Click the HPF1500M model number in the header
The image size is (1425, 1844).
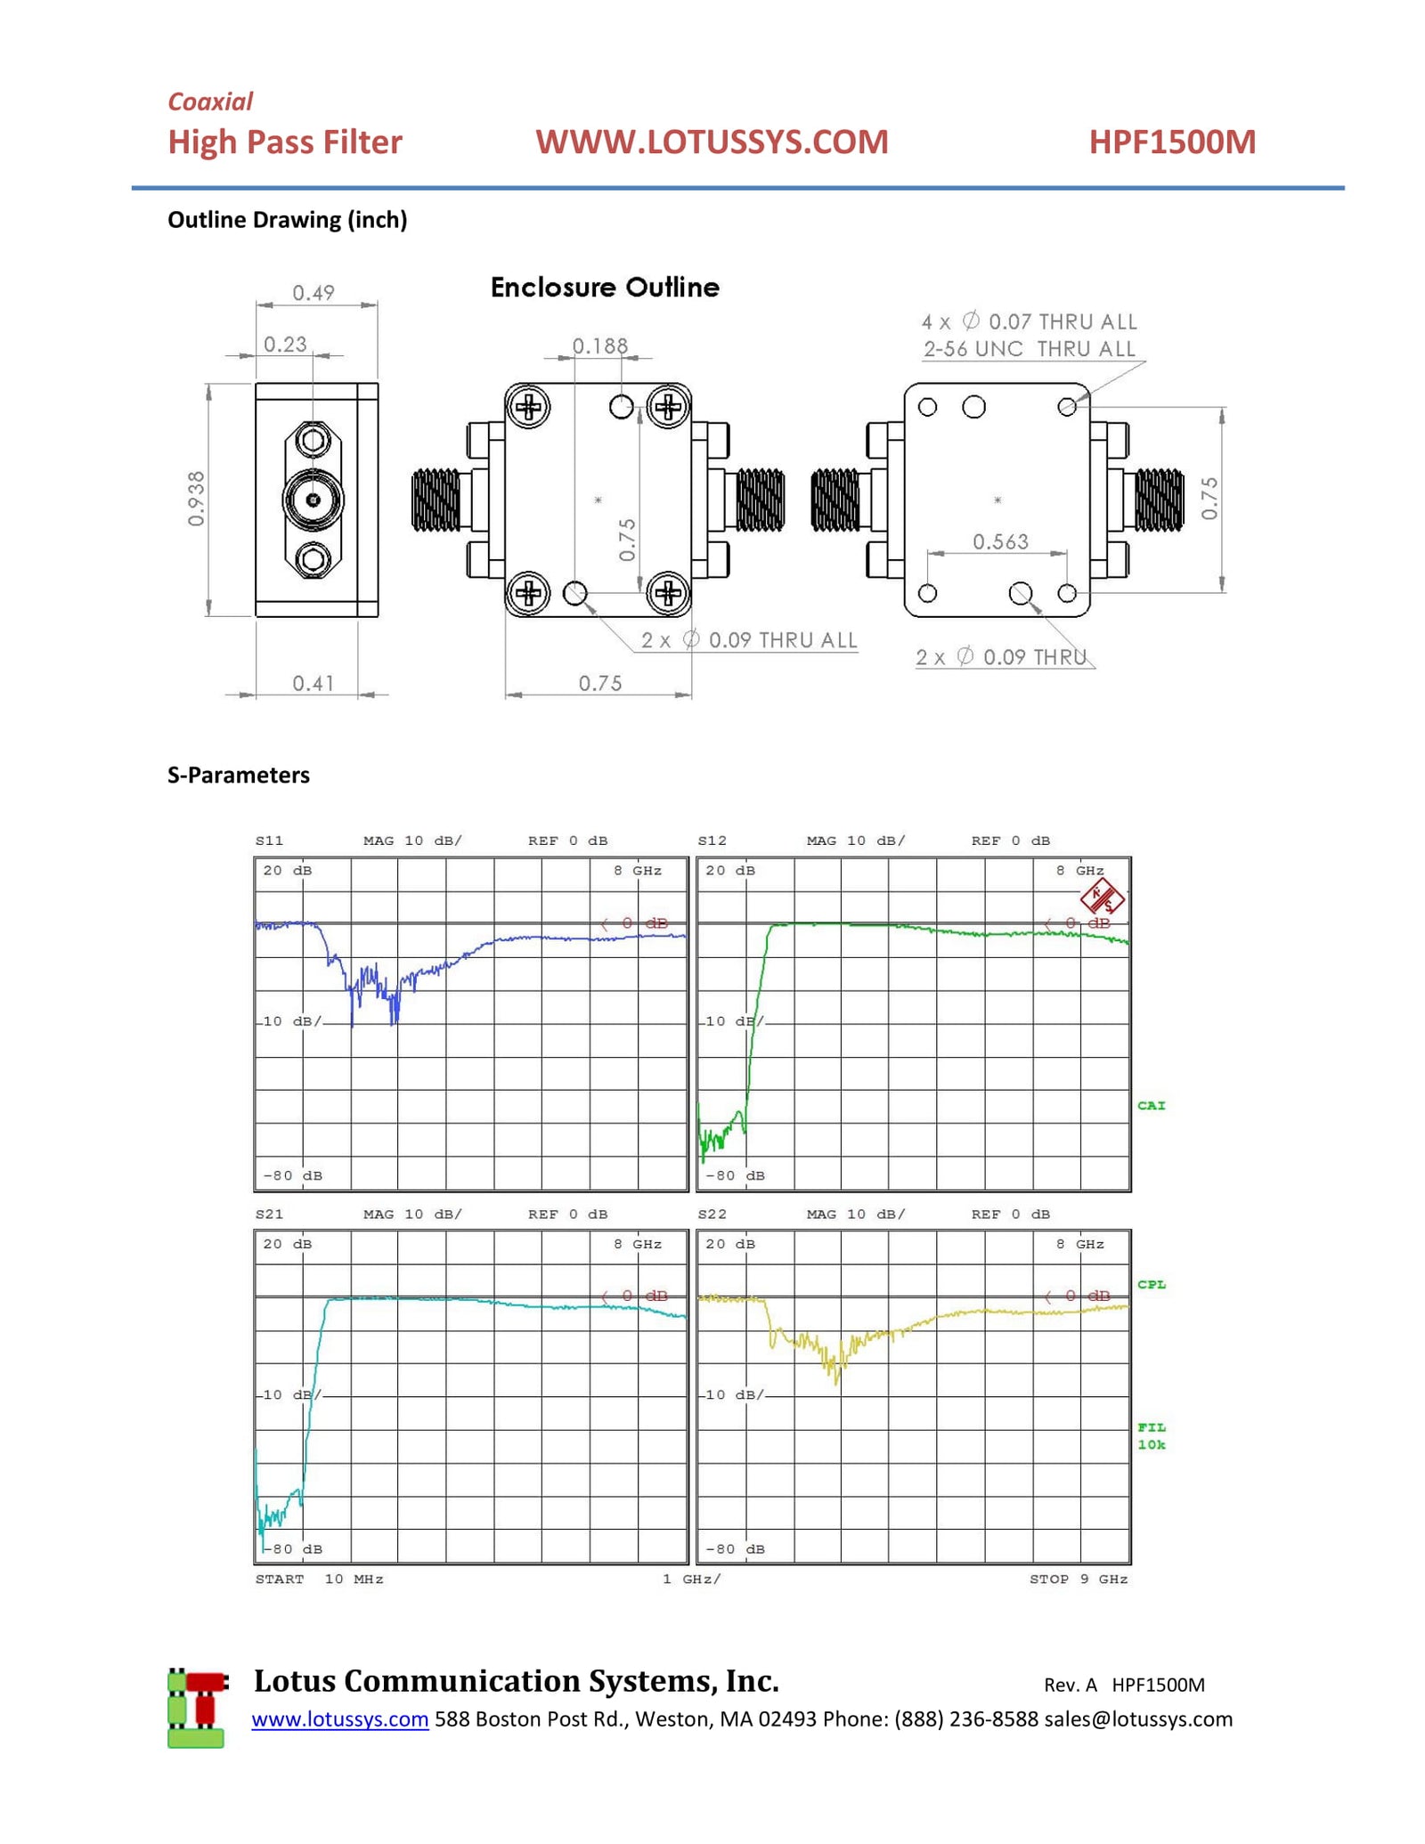click(1171, 142)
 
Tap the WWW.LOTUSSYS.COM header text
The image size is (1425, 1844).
click(711, 142)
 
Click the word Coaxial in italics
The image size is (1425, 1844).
click(210, 102)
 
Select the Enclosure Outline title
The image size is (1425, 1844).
click(605, 288)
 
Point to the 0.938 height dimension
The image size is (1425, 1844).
click(196, 498)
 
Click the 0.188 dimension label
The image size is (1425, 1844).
click(599, 345)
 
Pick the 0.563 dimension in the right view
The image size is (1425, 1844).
click(999, 541)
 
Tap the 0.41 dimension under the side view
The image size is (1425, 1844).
click(313, 683)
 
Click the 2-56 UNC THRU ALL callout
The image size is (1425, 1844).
click(1029, 349)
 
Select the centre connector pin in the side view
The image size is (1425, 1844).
click(313, 500)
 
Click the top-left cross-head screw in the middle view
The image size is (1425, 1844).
click(529, 408)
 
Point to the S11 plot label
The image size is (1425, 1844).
click(269, 841)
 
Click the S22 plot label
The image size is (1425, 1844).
click(712, 1214)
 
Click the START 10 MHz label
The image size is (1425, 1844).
click(319, 1579)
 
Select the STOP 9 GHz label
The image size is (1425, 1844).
click(1078, 1579)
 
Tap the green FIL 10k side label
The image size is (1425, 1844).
click(1151, 1435)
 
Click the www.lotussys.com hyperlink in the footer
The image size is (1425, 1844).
click(339, 1718)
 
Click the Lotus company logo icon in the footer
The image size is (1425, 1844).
click(197, 1708)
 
